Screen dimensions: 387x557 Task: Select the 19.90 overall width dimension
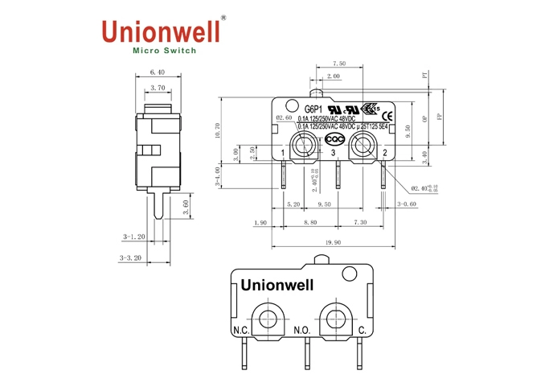333,242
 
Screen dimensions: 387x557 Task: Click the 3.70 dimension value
158,88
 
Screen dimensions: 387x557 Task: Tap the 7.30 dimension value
360,223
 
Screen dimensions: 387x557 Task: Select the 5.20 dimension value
294,205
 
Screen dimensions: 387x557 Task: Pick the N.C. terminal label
240,331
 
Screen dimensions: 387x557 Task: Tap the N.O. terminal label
301,331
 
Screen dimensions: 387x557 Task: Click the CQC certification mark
332,138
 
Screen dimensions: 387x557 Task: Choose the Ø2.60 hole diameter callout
283,118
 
